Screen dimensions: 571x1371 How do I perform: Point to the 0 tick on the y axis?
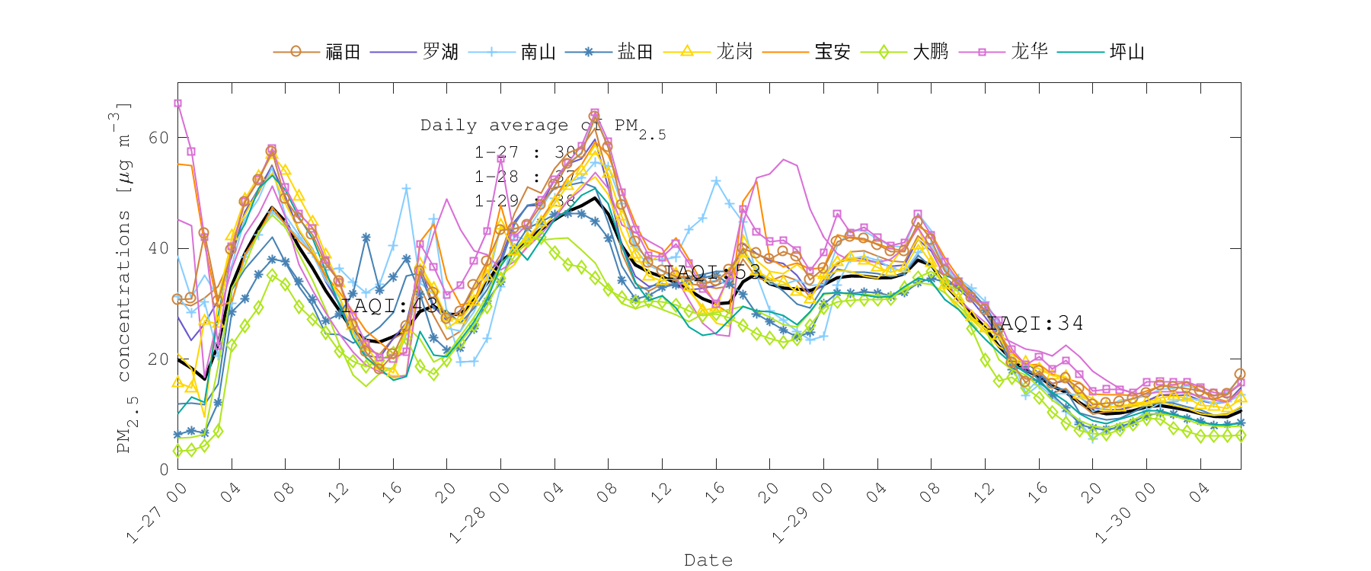pos(164,470)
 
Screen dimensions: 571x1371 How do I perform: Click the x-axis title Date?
pos(708,560)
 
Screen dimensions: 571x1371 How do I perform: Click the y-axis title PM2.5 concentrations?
pos(124,278)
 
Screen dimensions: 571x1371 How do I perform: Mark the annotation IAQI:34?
pos(1034,323)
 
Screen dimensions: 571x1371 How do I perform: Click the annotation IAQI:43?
pos(390,305)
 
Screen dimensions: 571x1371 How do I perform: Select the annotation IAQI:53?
pos(712,272)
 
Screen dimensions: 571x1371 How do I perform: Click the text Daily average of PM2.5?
pos(542,126)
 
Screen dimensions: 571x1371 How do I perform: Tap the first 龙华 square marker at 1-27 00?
pos(177,104)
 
